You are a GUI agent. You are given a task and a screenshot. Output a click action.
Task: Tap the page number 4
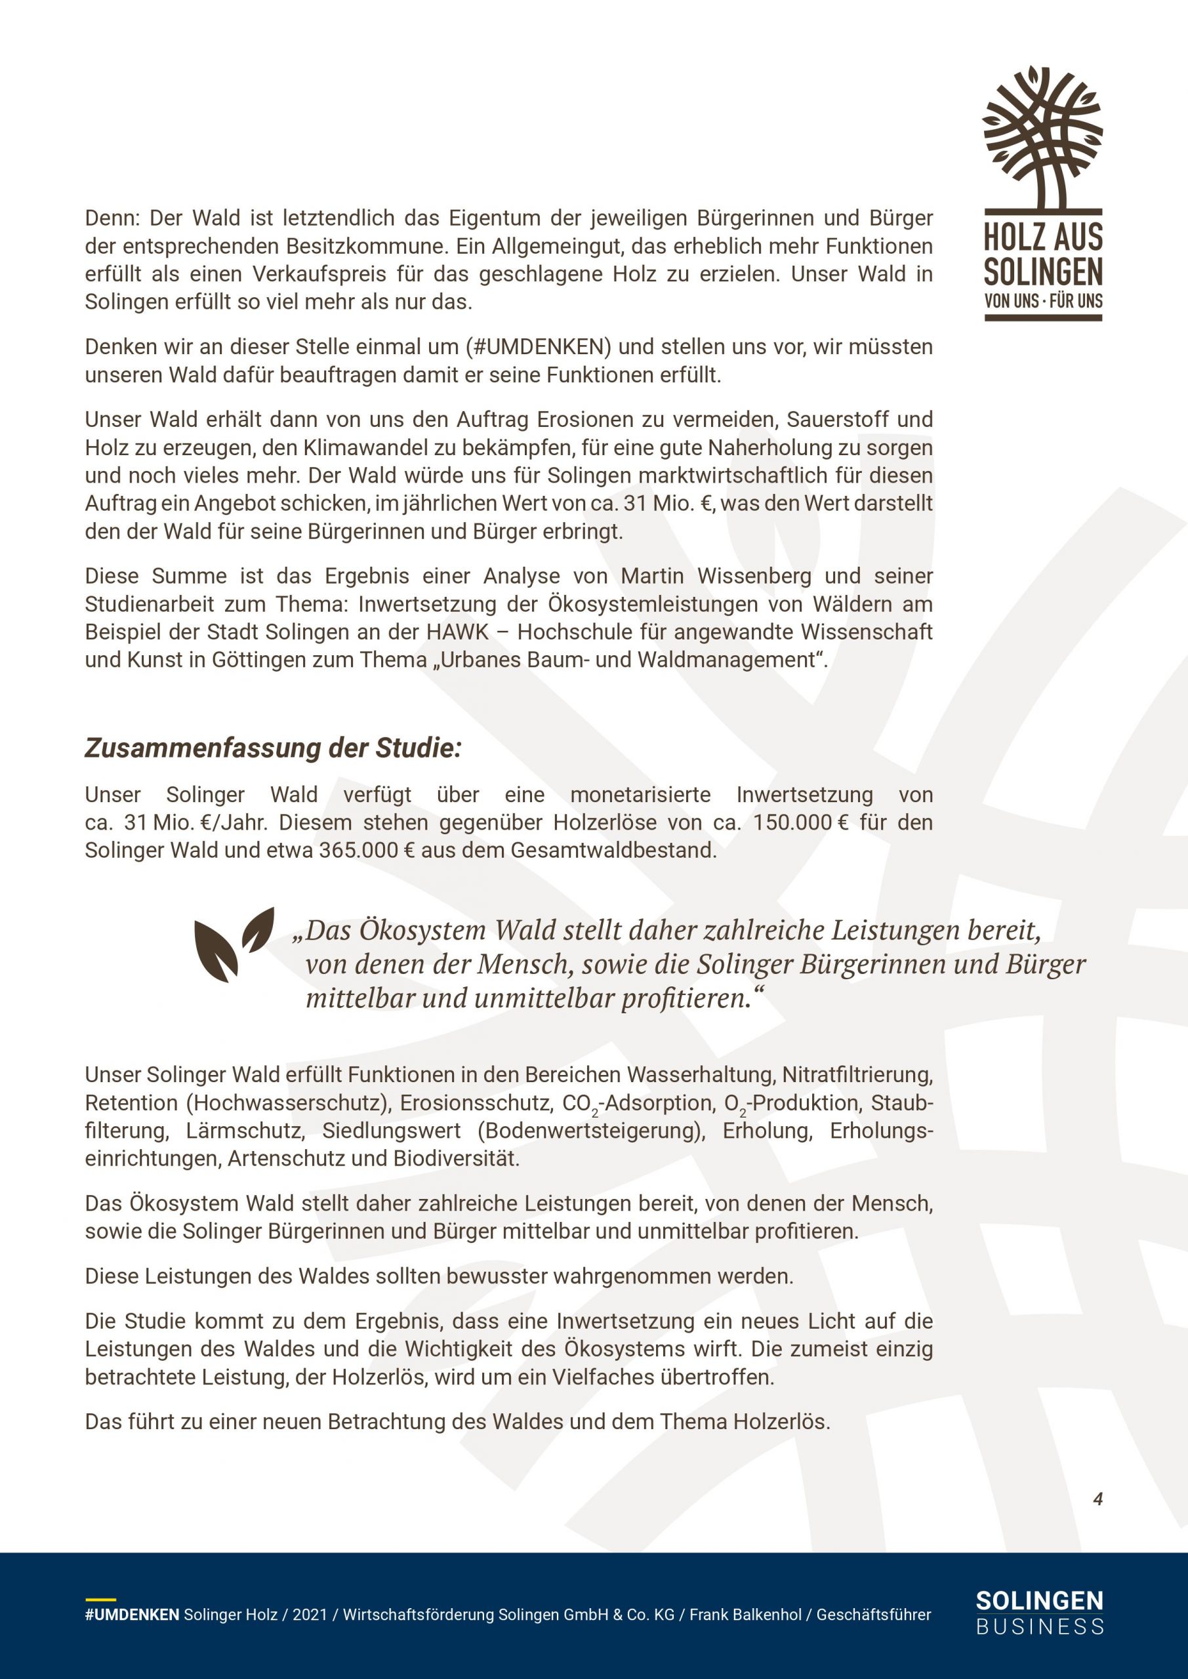click(x=1097, y=1499)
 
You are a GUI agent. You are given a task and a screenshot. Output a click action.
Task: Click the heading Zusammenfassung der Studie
click(x=274, y=748)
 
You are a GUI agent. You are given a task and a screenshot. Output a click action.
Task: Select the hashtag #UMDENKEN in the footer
click(x=132, y=1615)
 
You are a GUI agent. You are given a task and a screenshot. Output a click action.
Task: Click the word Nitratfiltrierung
click(x=857, y=1075)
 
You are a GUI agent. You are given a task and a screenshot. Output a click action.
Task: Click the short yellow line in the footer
click(x=100, y=1599)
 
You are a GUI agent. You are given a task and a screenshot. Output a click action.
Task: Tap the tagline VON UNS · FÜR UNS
click(x=1043, y=300)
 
